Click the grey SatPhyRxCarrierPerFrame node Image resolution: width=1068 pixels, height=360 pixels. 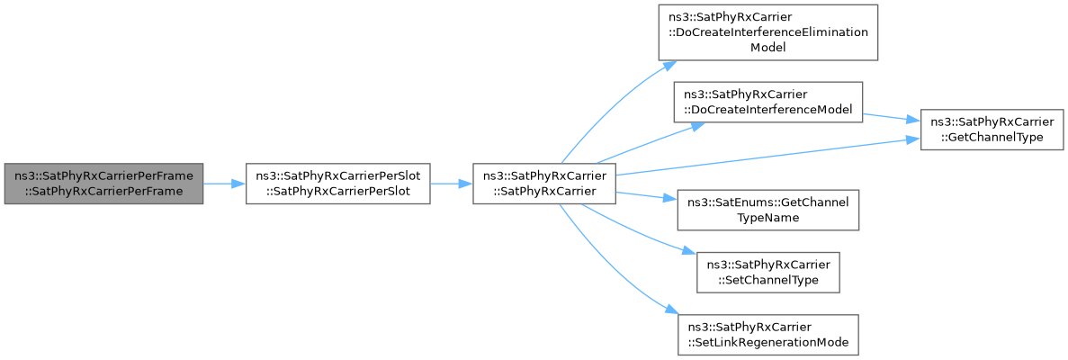103,184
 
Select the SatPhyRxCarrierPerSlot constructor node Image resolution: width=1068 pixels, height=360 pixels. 337,184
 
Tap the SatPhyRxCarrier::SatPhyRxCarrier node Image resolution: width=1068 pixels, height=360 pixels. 544,184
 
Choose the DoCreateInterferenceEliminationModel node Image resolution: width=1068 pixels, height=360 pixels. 767,32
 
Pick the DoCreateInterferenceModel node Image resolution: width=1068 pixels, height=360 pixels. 768,103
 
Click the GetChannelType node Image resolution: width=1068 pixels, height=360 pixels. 991,130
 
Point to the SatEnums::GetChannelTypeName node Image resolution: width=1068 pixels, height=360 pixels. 767,210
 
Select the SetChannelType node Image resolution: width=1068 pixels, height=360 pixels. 767,273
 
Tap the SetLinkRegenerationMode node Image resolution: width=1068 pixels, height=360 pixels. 767,334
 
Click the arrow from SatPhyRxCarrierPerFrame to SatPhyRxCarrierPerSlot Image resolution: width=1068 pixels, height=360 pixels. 224,184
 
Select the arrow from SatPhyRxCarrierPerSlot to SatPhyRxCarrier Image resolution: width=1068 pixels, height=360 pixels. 452,184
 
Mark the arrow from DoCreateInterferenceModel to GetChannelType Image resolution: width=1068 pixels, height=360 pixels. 892,117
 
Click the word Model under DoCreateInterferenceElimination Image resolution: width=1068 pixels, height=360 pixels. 767,47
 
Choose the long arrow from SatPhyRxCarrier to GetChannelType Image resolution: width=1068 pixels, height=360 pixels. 768,156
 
